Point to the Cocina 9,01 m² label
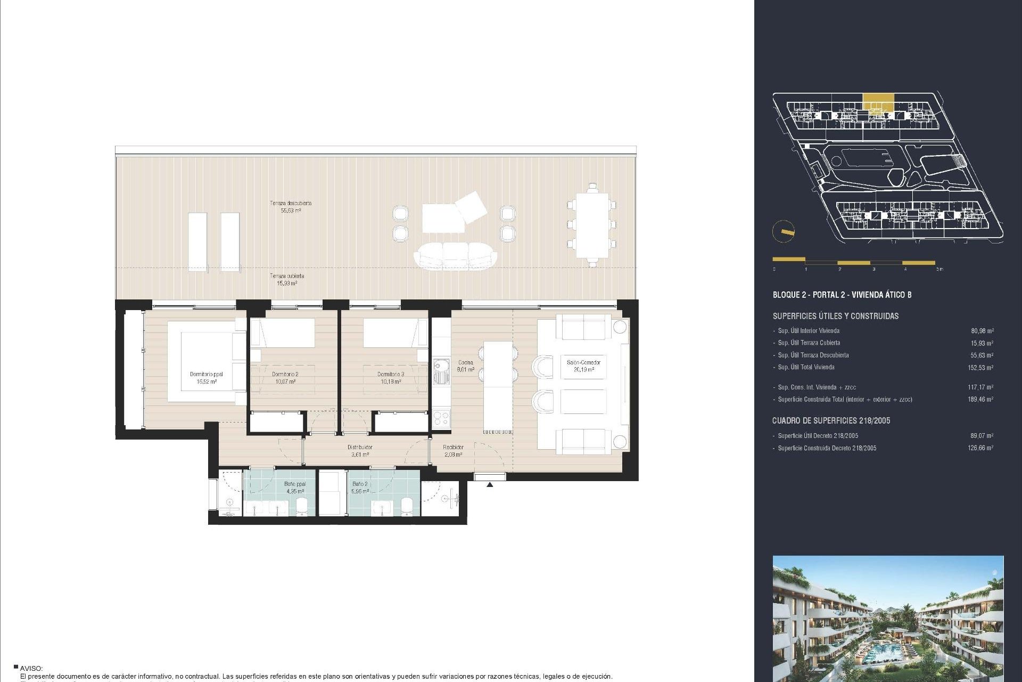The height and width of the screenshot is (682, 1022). click(x=465, y=366)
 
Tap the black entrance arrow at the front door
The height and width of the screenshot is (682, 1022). click(x=490, y=484)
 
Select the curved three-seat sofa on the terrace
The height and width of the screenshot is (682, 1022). click(x=455, y=256)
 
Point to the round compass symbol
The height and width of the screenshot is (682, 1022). click(x=784, y=231)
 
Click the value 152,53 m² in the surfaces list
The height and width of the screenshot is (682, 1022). click(x=980, y=368)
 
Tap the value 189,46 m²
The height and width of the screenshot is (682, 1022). click(x=980, y=399)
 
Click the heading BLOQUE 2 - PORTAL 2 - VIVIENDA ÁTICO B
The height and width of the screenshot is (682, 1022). click(x=842, y=295)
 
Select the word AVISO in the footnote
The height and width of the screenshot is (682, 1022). click(x=31, y=668)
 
